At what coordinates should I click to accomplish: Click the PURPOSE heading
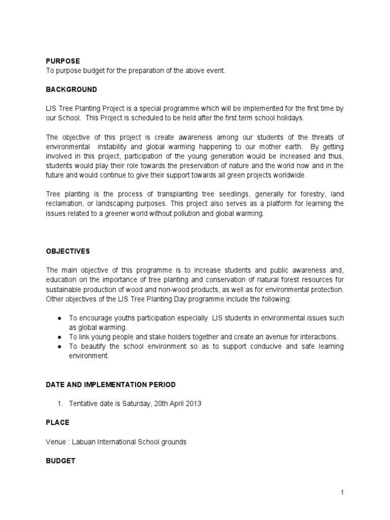tap(62, 61)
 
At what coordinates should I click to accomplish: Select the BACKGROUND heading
tap(71, 89)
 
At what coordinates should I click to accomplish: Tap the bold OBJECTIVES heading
tap(68, 251)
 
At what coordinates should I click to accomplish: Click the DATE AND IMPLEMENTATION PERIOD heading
tap(111, 384)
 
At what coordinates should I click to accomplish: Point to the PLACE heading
tap(57, 422)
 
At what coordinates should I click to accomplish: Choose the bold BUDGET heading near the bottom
tap(60, 461)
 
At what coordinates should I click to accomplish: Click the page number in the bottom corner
tap(342, 492)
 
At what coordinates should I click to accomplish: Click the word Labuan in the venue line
tap(79, 442)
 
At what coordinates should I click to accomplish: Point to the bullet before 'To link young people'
tap(59, 337)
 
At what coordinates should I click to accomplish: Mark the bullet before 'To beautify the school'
tap(59, 346)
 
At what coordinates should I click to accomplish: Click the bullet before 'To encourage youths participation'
tap(59, 318)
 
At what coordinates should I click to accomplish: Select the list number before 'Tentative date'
tap(59, 404)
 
